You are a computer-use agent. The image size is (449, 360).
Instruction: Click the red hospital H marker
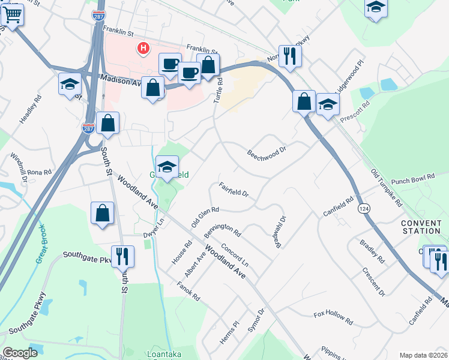(143, 48)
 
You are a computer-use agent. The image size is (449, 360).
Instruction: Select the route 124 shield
(362, 208)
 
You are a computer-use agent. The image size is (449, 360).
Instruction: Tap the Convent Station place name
(421, 226)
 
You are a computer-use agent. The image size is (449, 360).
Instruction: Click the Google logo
(20, 353)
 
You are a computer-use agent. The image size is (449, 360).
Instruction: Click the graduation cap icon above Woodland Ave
(167, 166)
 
